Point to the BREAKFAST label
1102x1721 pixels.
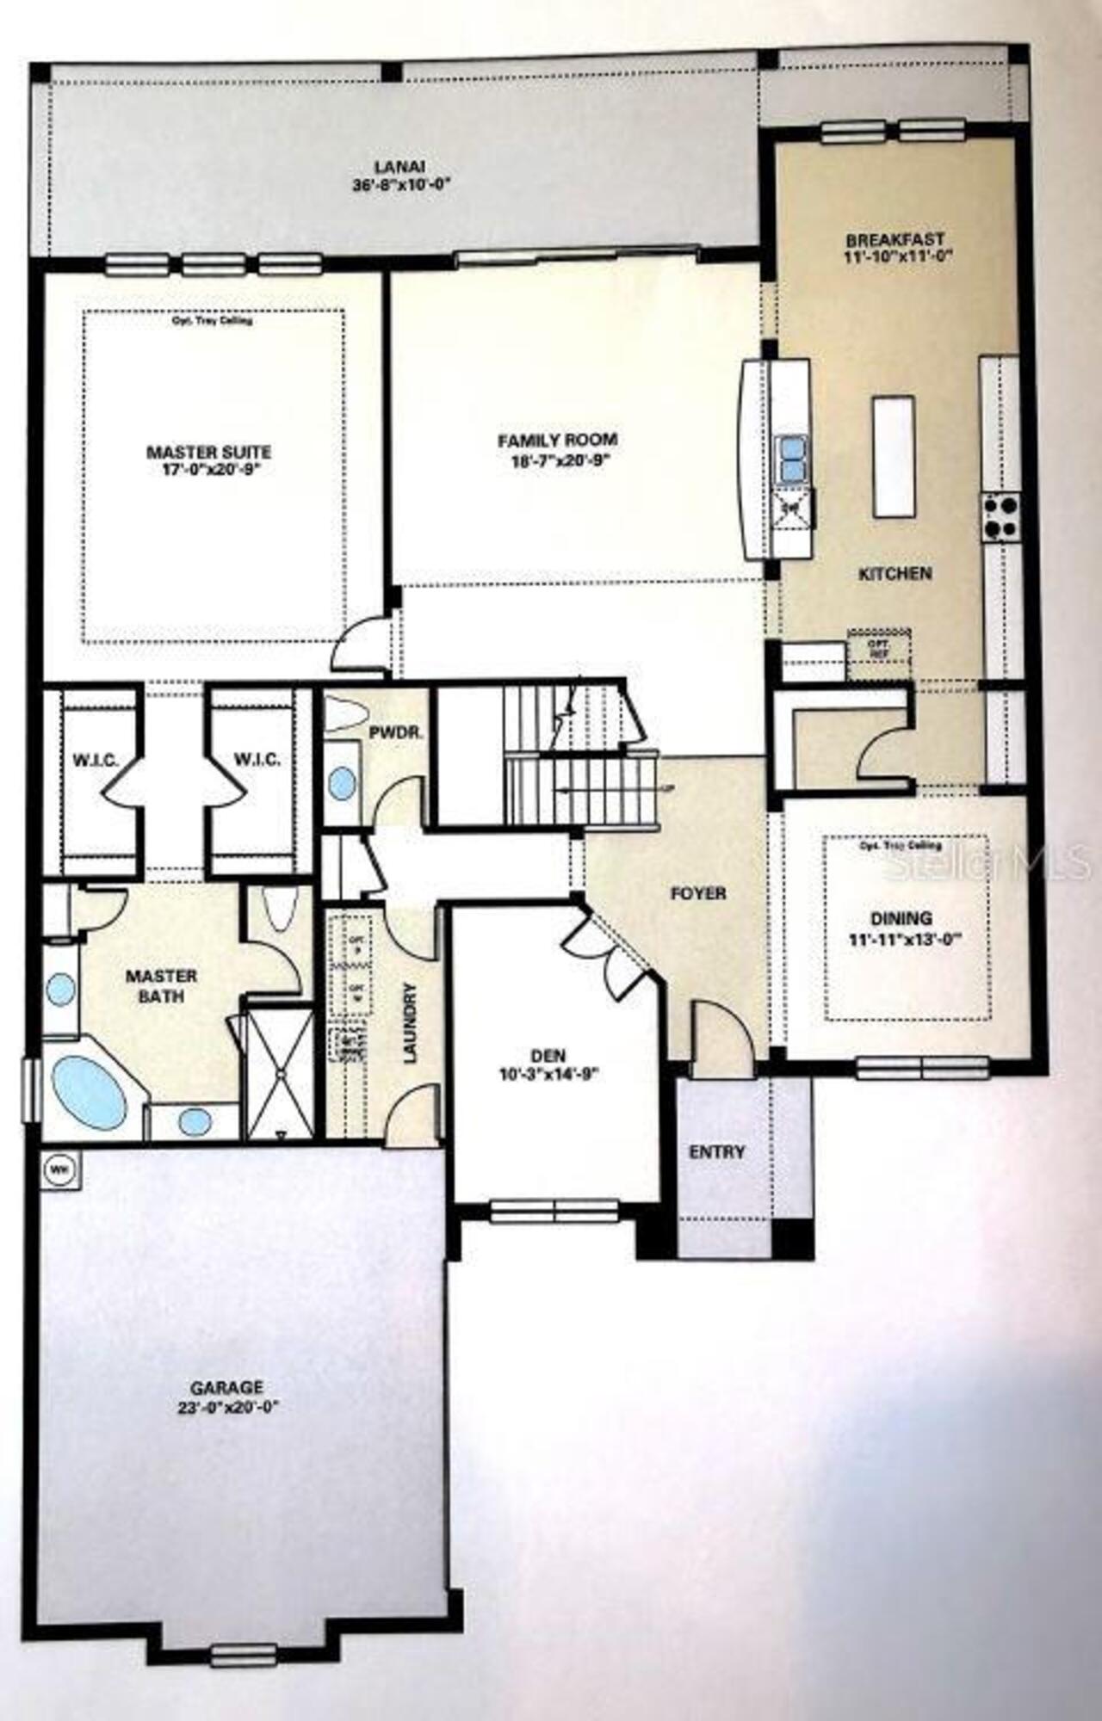(895, 239)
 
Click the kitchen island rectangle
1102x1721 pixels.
(893, 456)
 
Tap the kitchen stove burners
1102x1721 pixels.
(1001, 517)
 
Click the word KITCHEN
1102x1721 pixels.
(895, 573)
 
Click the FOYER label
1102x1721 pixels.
(698, 894)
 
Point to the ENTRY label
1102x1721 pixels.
(717, 1151)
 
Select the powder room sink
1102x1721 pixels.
(342, 783)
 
